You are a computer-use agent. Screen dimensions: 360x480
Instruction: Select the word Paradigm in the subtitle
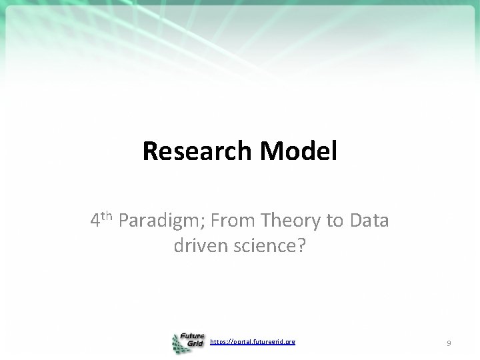point(157,221)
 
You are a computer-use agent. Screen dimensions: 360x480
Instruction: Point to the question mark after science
point(301,246)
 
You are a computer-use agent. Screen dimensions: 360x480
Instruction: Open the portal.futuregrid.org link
point(253,342)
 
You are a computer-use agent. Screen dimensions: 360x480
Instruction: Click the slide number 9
point(449,343)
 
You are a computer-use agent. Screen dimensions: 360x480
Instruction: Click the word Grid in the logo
point(196,347)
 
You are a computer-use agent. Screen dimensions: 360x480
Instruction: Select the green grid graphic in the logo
point(178,344)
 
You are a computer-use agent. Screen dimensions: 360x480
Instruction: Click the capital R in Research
point(151,151)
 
